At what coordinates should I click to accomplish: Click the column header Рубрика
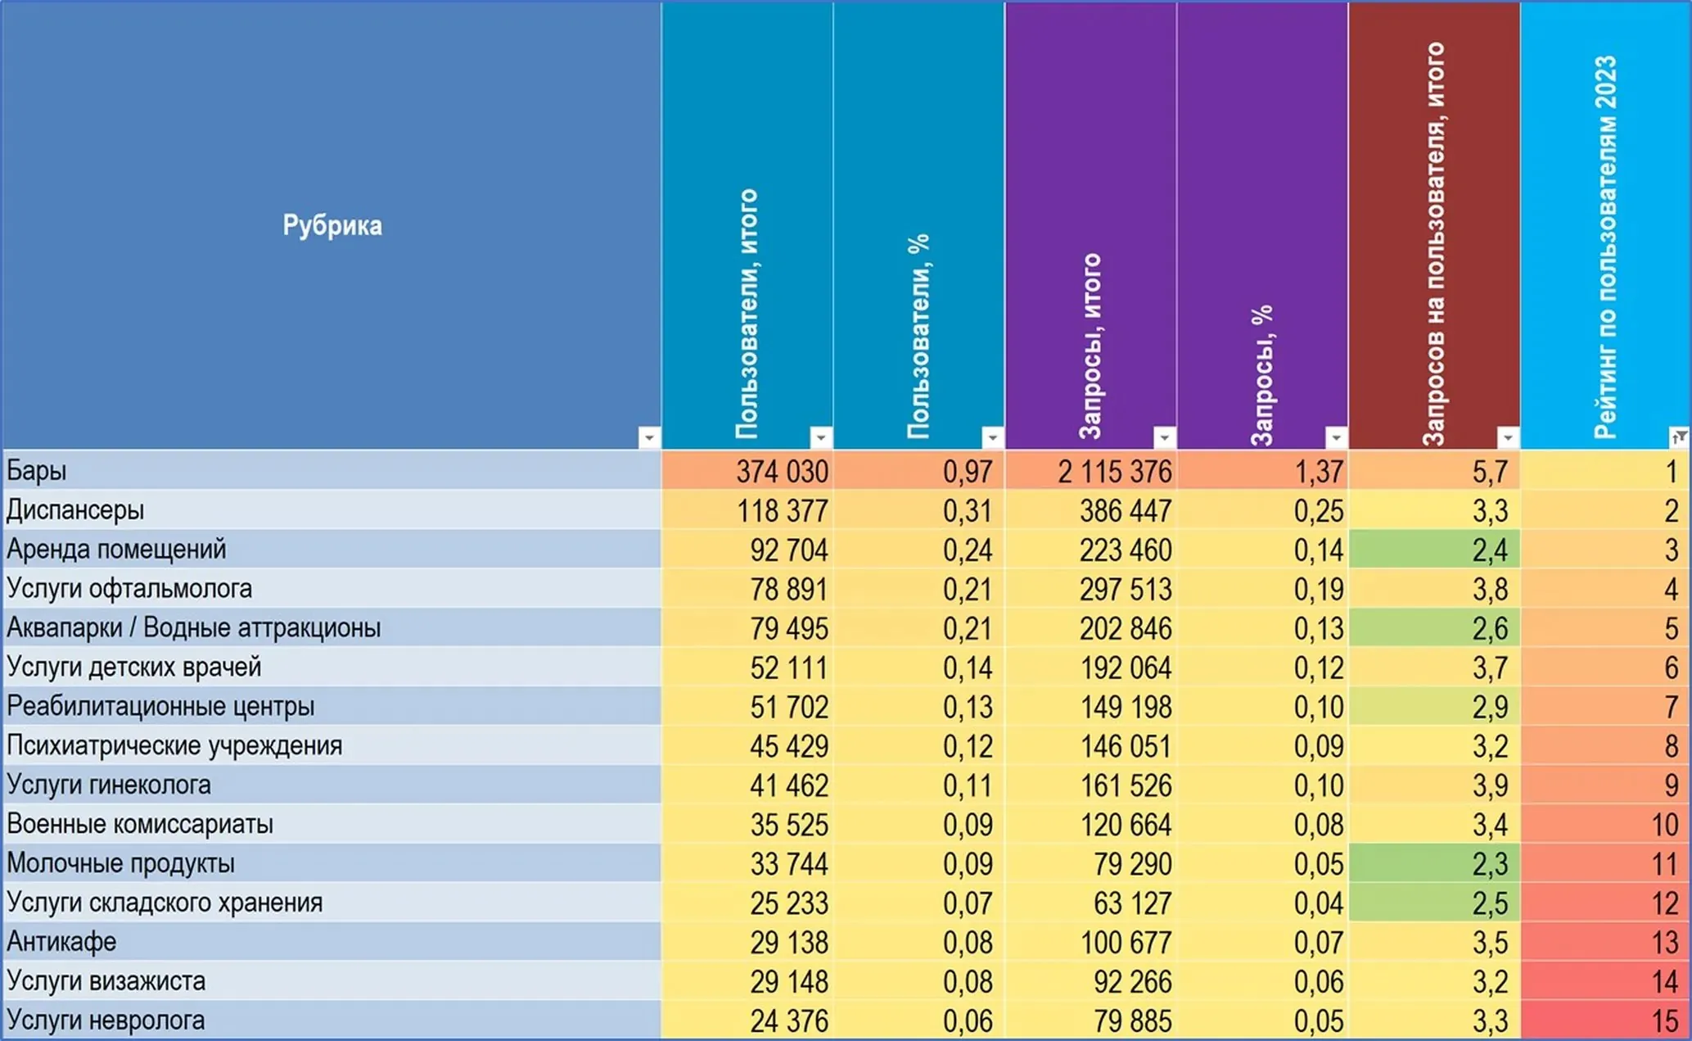click(332, 225)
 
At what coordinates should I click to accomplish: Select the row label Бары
click(37, 471)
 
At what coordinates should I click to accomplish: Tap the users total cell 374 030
click(782, 472)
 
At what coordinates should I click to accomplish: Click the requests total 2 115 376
click(1114, 472)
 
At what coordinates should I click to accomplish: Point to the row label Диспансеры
click(75, 510)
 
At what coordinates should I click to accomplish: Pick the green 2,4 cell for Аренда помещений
click(1433, 550)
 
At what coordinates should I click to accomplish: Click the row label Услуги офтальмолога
click(129, 589)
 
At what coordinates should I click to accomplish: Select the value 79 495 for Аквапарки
click(789, 628)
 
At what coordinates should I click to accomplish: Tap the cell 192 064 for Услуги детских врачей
click(1126, 668)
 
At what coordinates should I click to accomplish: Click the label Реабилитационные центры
click(160, 706)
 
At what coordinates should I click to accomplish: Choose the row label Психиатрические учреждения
click(174, 745)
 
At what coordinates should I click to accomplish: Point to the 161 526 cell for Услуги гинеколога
click(1126, 785)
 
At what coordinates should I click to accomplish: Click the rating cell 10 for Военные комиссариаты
click(1664, 825)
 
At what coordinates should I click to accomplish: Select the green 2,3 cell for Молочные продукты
click(1433, 863)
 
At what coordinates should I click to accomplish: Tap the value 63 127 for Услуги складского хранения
click(1133, 903)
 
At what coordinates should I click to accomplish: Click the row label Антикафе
click(61, 942)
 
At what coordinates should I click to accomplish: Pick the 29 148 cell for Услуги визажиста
click(789, 982)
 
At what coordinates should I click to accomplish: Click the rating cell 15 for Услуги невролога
click(1664, 1021)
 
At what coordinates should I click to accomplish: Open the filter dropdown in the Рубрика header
click(648, 437)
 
